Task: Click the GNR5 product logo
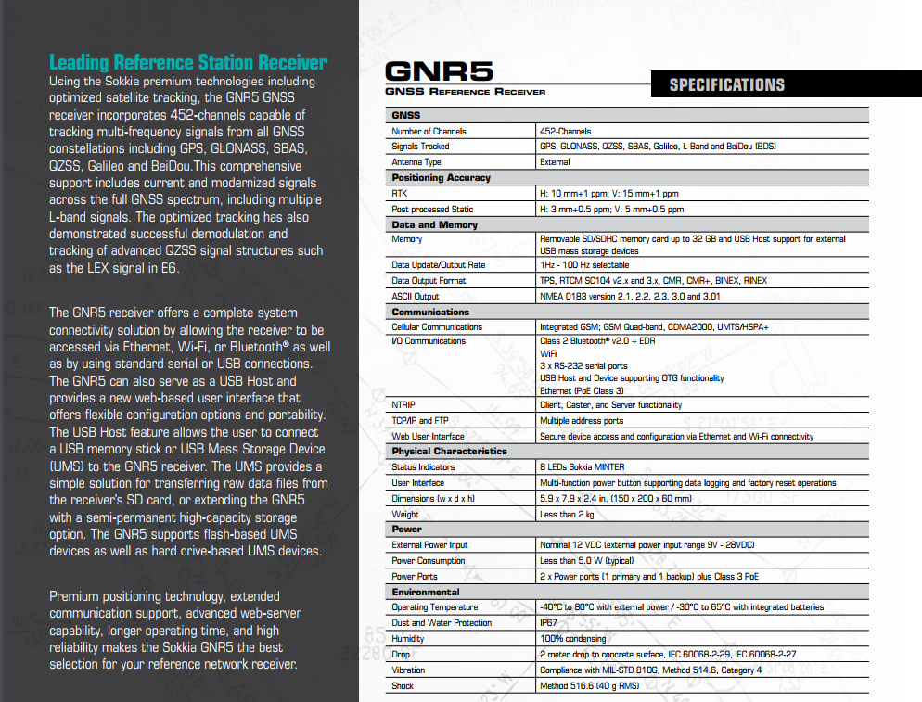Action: pos(439,71)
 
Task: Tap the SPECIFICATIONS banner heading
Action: pos(727,85)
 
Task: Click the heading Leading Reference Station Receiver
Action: pos(187,63)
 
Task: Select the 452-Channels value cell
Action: pos(566,132)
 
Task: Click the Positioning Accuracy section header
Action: pos(441,177)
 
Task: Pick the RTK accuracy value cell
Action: pos(608,194)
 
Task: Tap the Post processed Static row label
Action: pos(432,210)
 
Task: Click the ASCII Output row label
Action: pos(416,297)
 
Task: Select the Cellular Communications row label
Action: pos(437,327)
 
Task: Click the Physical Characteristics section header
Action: pos(449,452)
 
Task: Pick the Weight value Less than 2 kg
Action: pos(568,515)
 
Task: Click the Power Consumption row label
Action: pos(429,561)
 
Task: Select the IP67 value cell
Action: pos(548,623)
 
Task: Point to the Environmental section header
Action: pos(425,592)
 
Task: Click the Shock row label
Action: pos(403,686)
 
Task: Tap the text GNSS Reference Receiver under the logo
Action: pos(466,92)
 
